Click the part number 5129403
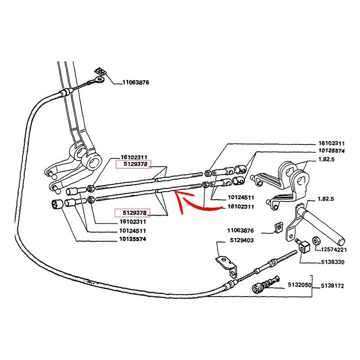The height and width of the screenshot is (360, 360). coord(241,240)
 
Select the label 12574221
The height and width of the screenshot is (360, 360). coord(334,250)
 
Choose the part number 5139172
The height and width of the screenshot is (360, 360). coord(333,285)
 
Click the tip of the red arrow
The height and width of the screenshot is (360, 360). coord(176,193)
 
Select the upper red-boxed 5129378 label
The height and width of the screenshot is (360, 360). coord(134,165)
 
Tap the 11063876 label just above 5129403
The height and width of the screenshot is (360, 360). coord(241,230)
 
